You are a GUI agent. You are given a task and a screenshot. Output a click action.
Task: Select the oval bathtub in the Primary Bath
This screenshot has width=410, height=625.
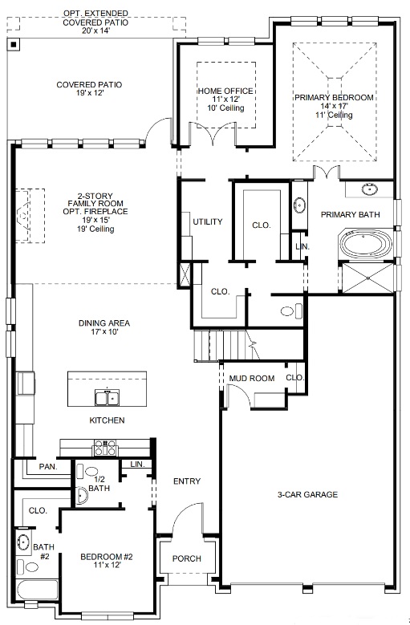point(367,245)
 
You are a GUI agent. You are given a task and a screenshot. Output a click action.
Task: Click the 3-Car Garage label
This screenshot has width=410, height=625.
point(307,494)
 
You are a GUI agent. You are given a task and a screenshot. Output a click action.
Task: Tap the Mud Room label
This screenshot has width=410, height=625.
point(251,378)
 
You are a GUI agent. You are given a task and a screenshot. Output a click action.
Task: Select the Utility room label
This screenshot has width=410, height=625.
point(207,221)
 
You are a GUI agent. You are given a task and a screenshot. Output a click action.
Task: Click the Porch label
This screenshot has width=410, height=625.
point(186,558)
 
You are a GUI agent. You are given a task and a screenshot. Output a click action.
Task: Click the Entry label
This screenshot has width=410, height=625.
point(186,481)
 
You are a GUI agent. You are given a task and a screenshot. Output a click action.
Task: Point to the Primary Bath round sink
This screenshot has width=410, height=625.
point(369,190)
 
